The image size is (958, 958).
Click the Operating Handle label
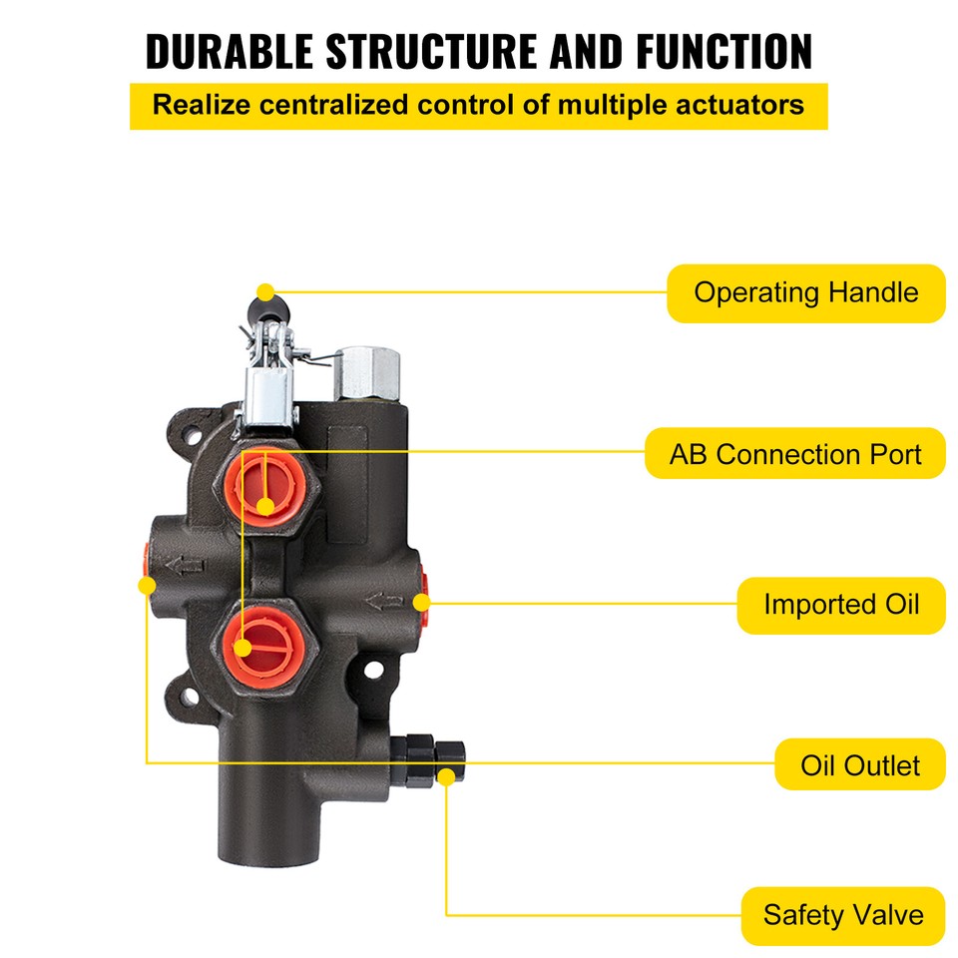(x=805, y=293)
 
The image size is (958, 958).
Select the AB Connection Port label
(x=794, y=454)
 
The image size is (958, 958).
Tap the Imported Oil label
(x=840, y=605)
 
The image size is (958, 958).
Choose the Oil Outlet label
(x=859, y=765)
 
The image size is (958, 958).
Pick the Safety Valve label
(x=842, y=915)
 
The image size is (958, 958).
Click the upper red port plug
(x=265, y=480)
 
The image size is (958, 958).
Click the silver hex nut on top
(x=368, y=372)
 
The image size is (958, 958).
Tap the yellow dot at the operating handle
(x=264, y=292)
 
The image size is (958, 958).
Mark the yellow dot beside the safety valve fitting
(x=446, y=774)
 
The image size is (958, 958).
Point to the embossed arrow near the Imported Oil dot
(x=386, y=602)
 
